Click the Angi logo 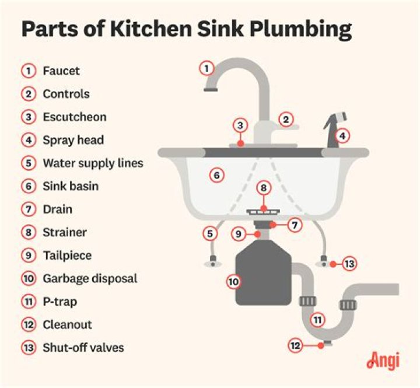(383, 361)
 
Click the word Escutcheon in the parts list (74, 117)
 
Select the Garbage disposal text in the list (90, 278)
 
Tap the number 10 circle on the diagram (233, 281)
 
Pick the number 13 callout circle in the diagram (349, 264)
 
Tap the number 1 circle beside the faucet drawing (205, 68)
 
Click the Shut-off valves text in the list (83, 348)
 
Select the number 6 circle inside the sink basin (216, 174)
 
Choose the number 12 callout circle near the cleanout (296, 345)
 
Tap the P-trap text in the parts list (60, 302)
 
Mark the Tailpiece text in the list (67, 255)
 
